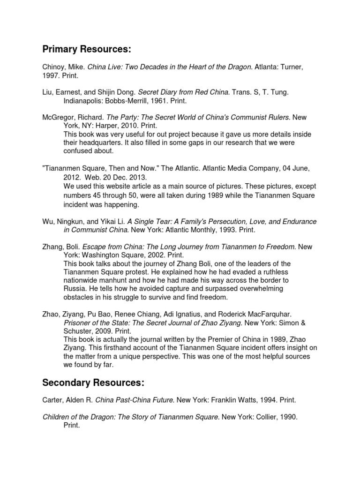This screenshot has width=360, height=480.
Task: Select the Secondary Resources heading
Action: click(93, 383)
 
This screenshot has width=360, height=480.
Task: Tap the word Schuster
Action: click(78, 330)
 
